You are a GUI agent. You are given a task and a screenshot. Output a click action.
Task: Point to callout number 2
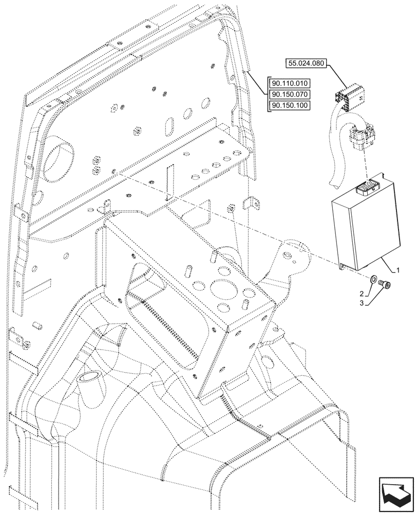pos(362,293)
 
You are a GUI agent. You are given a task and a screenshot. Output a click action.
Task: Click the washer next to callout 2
pos(373,280)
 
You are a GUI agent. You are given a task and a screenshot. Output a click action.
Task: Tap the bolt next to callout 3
pos(385,284)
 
